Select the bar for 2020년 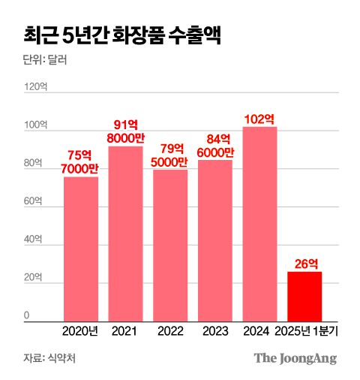click(80, 249)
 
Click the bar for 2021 click(125, 234)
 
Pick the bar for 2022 click(170, 245)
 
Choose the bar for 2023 click(215, 240)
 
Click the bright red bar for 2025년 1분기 click(304, 296)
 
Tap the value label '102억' click(259, 119)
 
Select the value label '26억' click(304, 264)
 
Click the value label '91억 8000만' click(125, 131)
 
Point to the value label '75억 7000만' click(80, 161)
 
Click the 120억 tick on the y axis click(35, 87)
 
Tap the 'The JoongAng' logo click(295, 358)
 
